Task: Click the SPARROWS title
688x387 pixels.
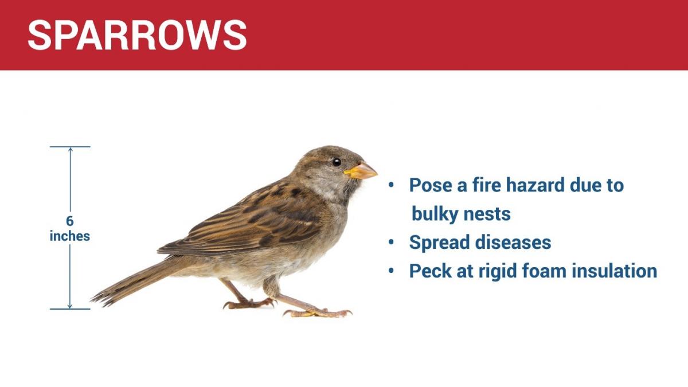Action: pos(137,35)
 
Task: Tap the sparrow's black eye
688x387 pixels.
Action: pos(337,162)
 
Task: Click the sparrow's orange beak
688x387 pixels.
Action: pos(361,171)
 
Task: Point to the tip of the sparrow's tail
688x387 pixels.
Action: pos(92,299)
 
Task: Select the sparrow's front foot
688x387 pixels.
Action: pos(318,313)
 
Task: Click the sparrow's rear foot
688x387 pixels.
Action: pos(249,303)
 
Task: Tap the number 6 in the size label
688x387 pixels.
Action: pos(70,221)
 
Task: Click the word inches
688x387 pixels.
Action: pos(70,236)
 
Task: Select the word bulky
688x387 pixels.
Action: pos(435,214)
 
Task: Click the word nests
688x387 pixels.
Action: pos(487,214)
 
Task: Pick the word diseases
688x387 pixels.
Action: pos(513,242)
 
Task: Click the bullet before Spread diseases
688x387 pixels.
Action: pos(391,242)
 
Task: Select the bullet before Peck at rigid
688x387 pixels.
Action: pos(391,271)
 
